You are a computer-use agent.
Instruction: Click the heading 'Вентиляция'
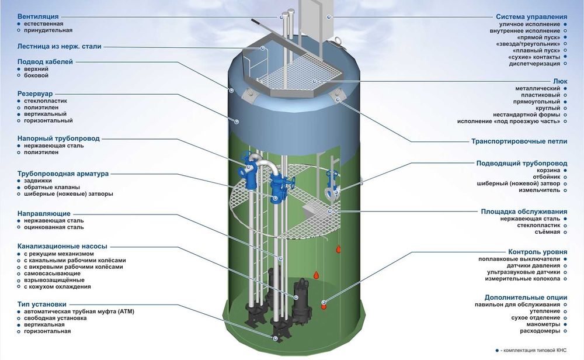[38, 17]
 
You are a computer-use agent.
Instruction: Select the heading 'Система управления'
[531, 17]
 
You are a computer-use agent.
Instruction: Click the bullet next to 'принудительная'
[19, 30]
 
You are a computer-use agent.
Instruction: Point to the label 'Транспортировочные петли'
[519, 141]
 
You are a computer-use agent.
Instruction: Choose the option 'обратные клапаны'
[52, 187]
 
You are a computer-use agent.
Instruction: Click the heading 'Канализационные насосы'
[62, 247]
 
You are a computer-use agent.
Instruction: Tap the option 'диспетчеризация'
[534, 64]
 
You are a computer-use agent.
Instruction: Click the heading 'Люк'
[560, 81]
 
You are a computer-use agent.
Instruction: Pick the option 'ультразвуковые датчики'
[523, 272]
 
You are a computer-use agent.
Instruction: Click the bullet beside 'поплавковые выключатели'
[565, 259]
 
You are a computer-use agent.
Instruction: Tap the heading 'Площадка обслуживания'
[524, 212]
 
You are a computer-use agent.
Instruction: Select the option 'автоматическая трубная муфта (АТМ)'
[79, 311]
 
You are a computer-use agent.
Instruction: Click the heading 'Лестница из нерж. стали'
[59, 47]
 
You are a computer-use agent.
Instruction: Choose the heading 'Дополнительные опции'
[526, 297]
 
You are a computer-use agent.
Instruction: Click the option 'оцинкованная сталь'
[54, 227]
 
